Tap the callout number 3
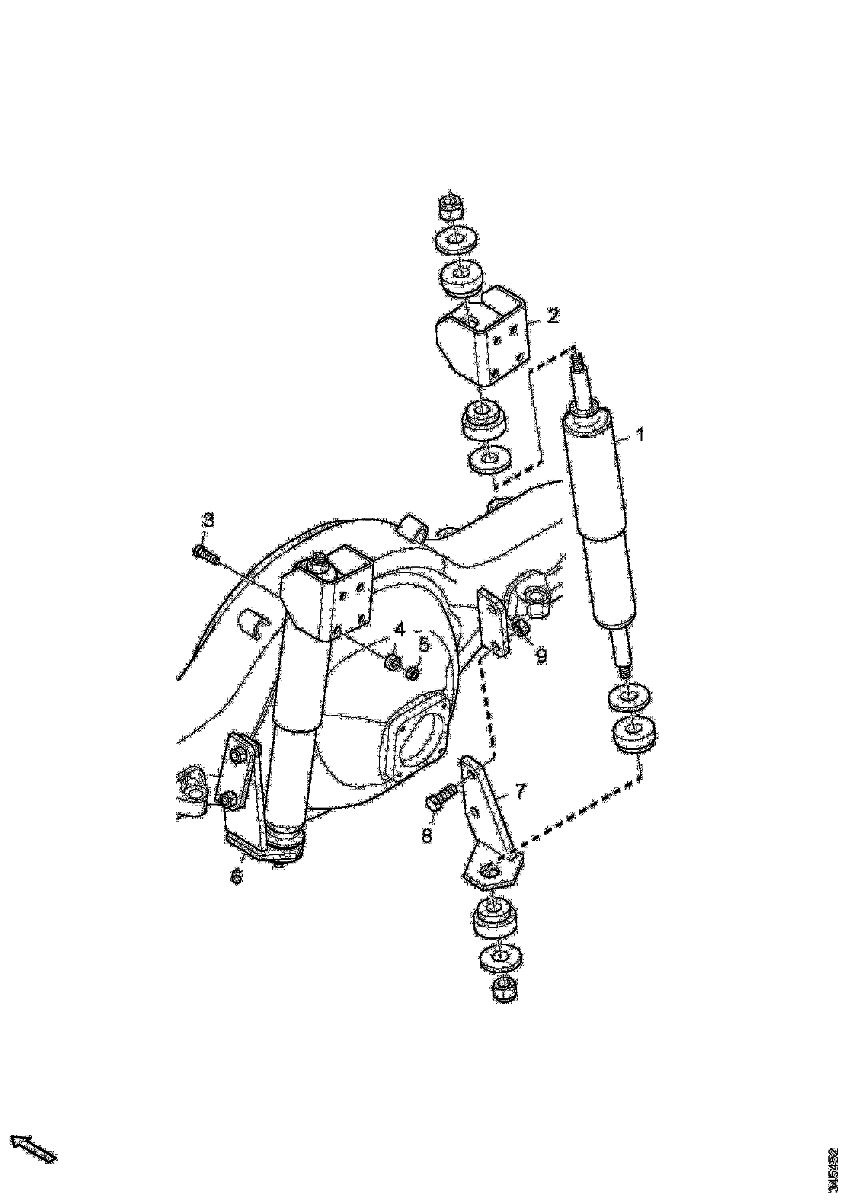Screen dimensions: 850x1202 pos(208,520)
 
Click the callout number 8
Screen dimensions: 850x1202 pos(427,836)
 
